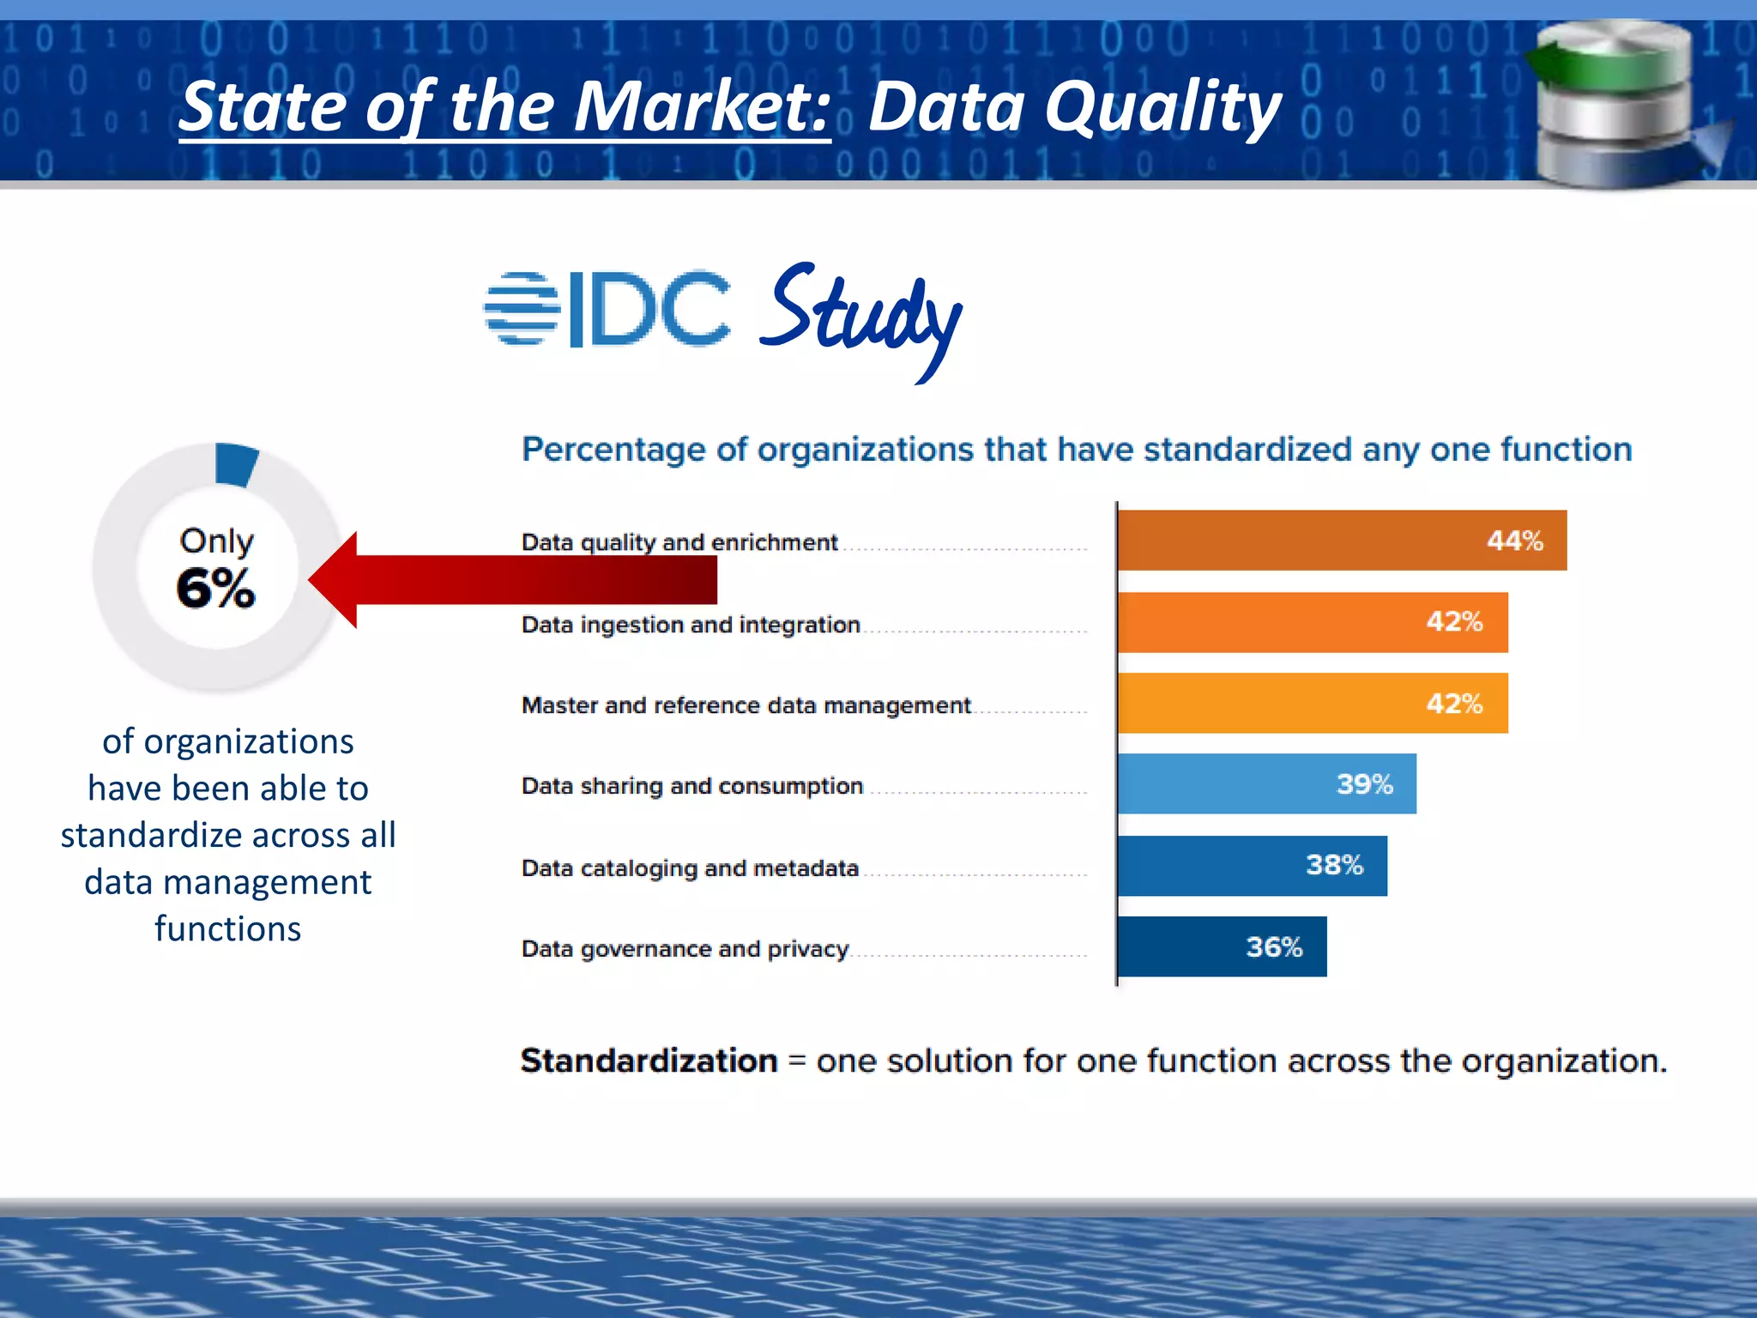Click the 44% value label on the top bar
[x=1514, y=541]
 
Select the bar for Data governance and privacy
[x=1222, y=946]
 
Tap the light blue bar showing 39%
[x=1266, y=783]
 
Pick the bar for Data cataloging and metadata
[x=1252, y=866]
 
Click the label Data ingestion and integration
[x=691, y=625]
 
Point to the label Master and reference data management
[x=746, y=705]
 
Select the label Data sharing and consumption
[x=691, y=786]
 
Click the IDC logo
[x=607, y=309]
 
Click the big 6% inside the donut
[x=215, y=589]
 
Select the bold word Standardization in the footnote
[x=649, y=1061]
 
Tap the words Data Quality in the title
[x=1074, y=107]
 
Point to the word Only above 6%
[x=216, y=541]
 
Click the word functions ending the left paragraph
[x=227, y=929]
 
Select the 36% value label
[x=1273, y=947]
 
